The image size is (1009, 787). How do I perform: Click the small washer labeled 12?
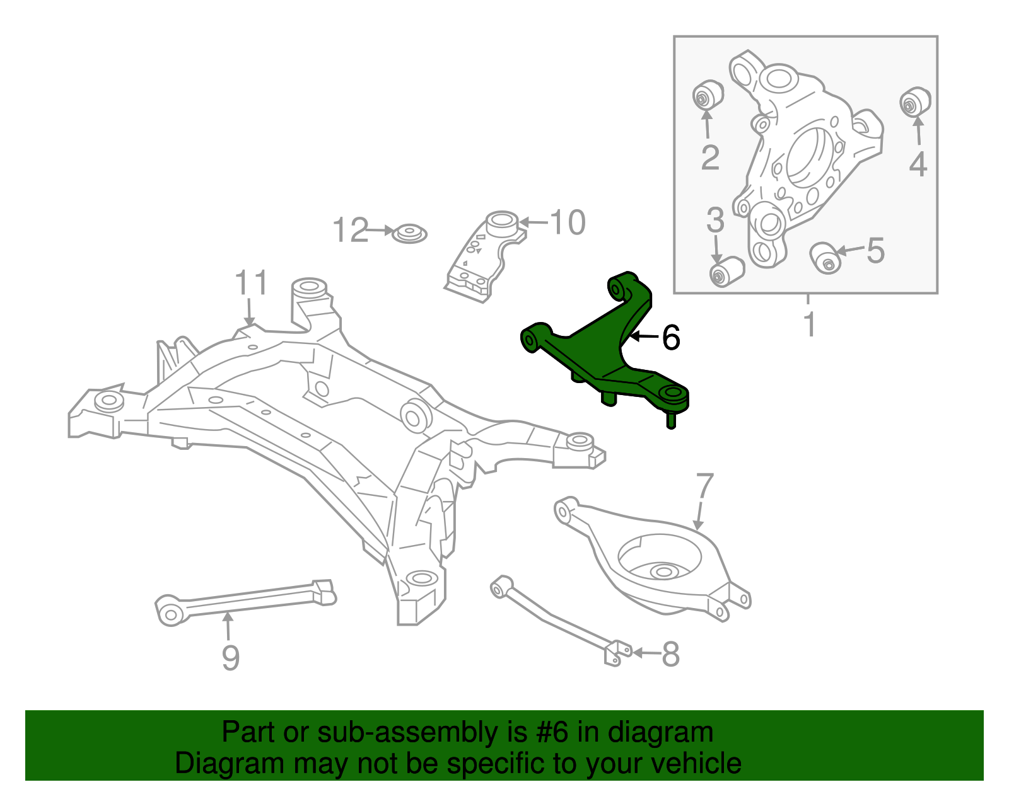409,234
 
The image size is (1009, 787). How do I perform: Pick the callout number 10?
568,222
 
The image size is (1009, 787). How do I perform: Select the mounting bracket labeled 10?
483,255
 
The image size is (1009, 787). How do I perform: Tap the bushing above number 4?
914,102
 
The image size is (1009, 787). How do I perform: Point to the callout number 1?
810,324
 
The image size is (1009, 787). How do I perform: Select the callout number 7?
704,487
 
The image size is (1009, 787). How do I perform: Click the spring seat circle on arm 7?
661,561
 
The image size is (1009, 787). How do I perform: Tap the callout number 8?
670,654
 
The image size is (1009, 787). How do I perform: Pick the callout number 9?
231,658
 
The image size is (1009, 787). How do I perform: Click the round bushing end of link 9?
170,611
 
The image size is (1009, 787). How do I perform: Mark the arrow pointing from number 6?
644,337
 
